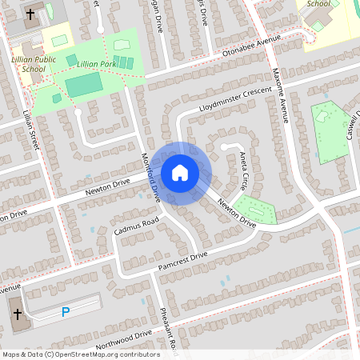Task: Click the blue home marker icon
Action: [x=180, y=172]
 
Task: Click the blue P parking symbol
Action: [x=66, y=311]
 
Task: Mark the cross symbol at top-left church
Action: [x=30, y=14]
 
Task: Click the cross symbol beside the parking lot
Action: [x=18, y=313]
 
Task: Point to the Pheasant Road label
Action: [x=169, y=326]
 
